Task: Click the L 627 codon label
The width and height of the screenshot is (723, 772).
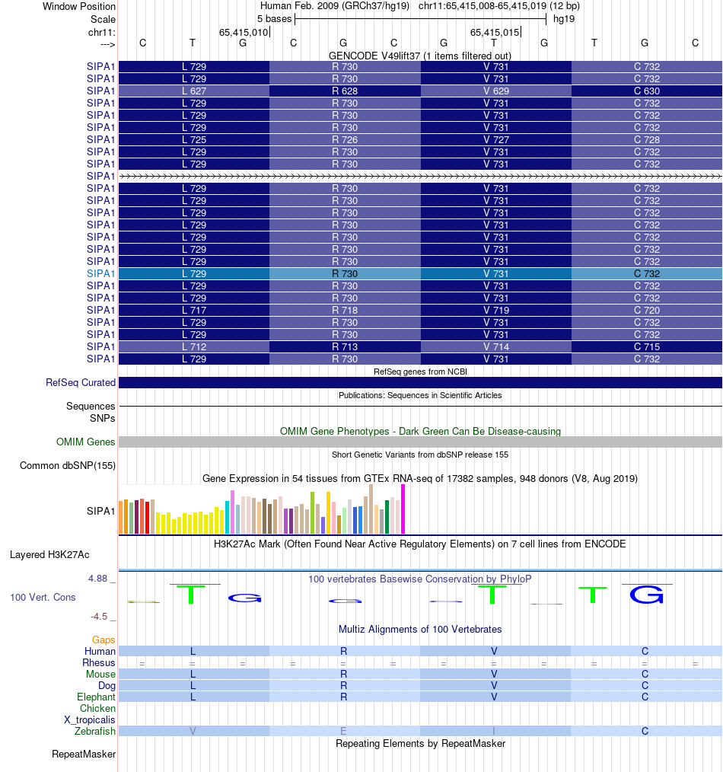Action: tap(194, 91)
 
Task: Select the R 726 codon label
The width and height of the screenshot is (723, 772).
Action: tap(345, 140)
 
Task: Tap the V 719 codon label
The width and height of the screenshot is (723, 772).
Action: tap(495, 311)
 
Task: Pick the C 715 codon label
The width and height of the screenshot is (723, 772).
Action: tap(647, 347)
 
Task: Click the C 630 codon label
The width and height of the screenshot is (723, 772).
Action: tap(647, 91)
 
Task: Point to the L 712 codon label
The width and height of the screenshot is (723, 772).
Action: tap(194, 347)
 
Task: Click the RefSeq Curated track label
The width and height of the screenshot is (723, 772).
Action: tap(80, 383)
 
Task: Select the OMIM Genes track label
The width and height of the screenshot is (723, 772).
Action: tap(86, 442)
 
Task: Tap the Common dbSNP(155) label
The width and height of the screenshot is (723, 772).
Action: tap(68, 466)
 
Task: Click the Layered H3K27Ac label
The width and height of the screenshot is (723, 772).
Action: tap(49, 555)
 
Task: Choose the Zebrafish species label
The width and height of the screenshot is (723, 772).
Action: tap(95, 732)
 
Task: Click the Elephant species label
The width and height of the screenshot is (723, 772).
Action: tap(96, 697)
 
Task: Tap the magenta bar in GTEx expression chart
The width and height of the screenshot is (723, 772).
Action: tap(403, 509)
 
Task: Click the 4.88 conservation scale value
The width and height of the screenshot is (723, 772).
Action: tap(98, 579)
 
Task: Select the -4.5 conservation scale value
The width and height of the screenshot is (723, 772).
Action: tap(98, 617)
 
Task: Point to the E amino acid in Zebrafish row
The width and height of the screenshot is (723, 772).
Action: tap(344, 732)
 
